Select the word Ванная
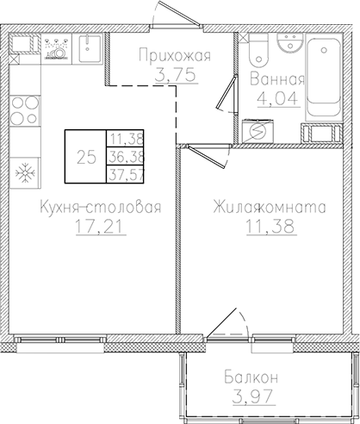click(x=276, y=79)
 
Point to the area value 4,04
click(x=276, y=97)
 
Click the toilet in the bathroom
click(x=258, y=52)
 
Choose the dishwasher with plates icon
click(x=57, y=47)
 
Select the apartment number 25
click(x=85, y=157)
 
